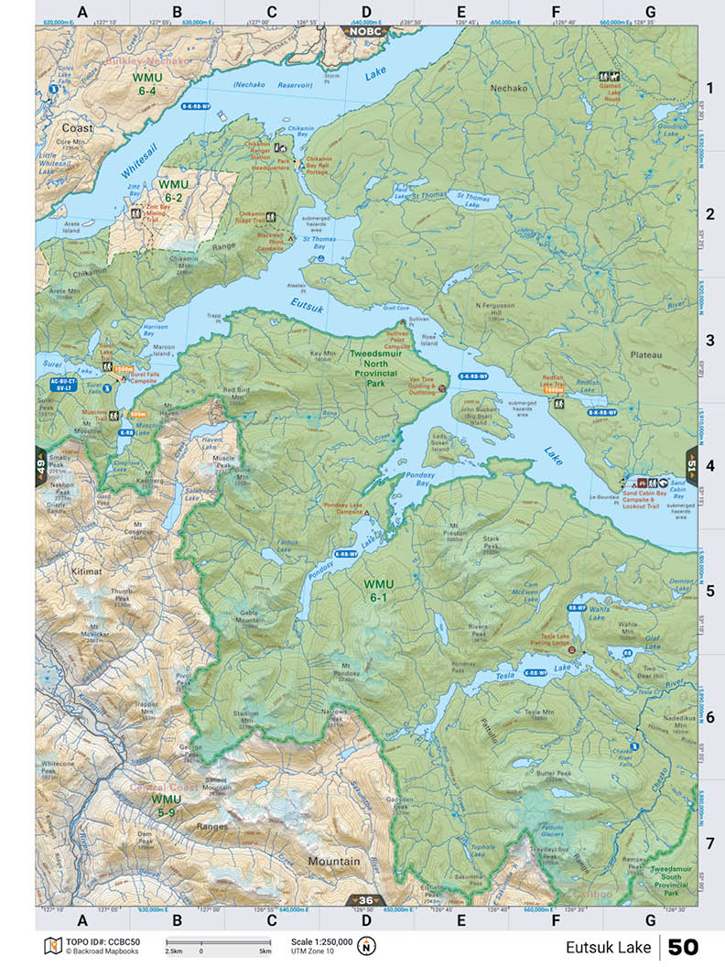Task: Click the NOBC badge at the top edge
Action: pos(366,30)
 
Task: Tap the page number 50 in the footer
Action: pos(684,946)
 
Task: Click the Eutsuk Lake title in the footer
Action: pos(608,946)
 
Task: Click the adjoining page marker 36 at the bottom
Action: pos(366,900)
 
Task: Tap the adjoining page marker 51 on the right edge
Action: pos(691,464)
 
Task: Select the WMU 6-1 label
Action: pos(378,590)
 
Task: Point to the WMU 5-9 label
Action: pos(168,805)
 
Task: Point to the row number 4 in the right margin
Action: pos(709,464)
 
